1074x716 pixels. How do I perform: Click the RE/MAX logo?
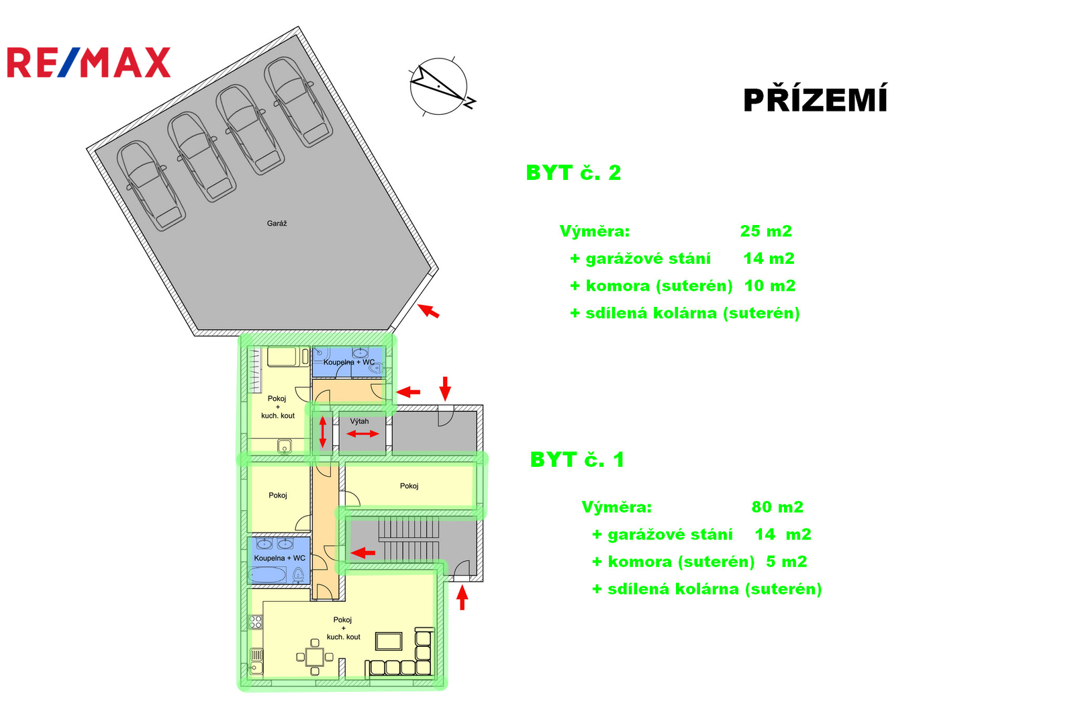pos(89,62)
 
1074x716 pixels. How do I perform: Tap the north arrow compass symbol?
pos(441,87)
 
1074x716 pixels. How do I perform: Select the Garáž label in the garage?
pos(277,223)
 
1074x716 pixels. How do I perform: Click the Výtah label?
pos(359,421)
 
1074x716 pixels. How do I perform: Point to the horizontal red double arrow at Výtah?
pos(362,434)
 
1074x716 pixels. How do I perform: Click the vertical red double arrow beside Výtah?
pos(323,432)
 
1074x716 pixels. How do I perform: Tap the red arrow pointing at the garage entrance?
pos(428,310)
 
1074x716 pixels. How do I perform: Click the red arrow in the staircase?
pos(362,553)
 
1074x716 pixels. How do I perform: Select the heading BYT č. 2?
pos(573,173)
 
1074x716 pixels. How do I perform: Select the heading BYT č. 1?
pos(577,459)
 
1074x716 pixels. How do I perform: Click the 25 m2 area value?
pos(766,231)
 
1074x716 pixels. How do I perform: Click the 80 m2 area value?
pos(777,506)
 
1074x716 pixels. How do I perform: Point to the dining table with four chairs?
pos(315,657)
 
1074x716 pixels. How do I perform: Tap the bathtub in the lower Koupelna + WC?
pos(268,574)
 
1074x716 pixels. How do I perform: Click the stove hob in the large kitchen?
pos(256,623)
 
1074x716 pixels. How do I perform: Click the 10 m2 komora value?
pos(769,285)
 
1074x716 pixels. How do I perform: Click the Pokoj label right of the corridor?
pos(409,486)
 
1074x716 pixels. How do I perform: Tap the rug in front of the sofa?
pos(389,641)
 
